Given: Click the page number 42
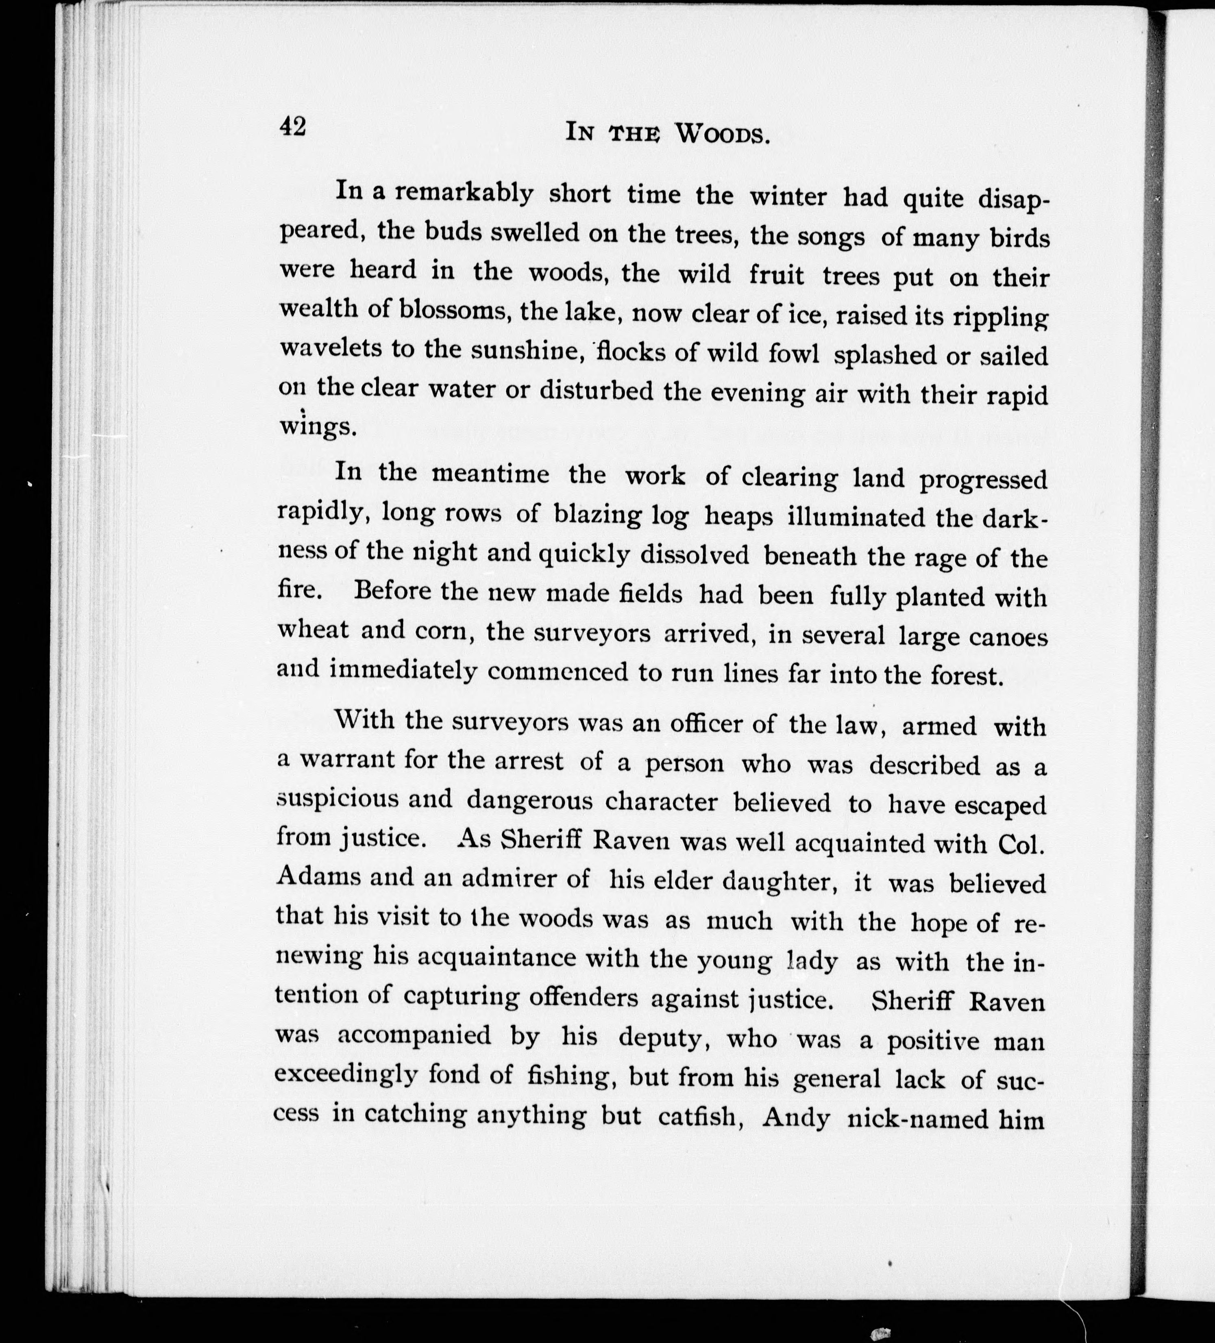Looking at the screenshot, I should pyautogui.click(x=293, y=126).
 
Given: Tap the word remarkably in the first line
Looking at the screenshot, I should pyautogui.click(x=464, y=193).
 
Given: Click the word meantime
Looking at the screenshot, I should pyautogui.click(x=490, y=473).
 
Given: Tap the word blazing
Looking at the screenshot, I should pyautogui.click(x=598, y=515).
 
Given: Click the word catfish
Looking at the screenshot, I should pyautogui.click(x=701, y=1116).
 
